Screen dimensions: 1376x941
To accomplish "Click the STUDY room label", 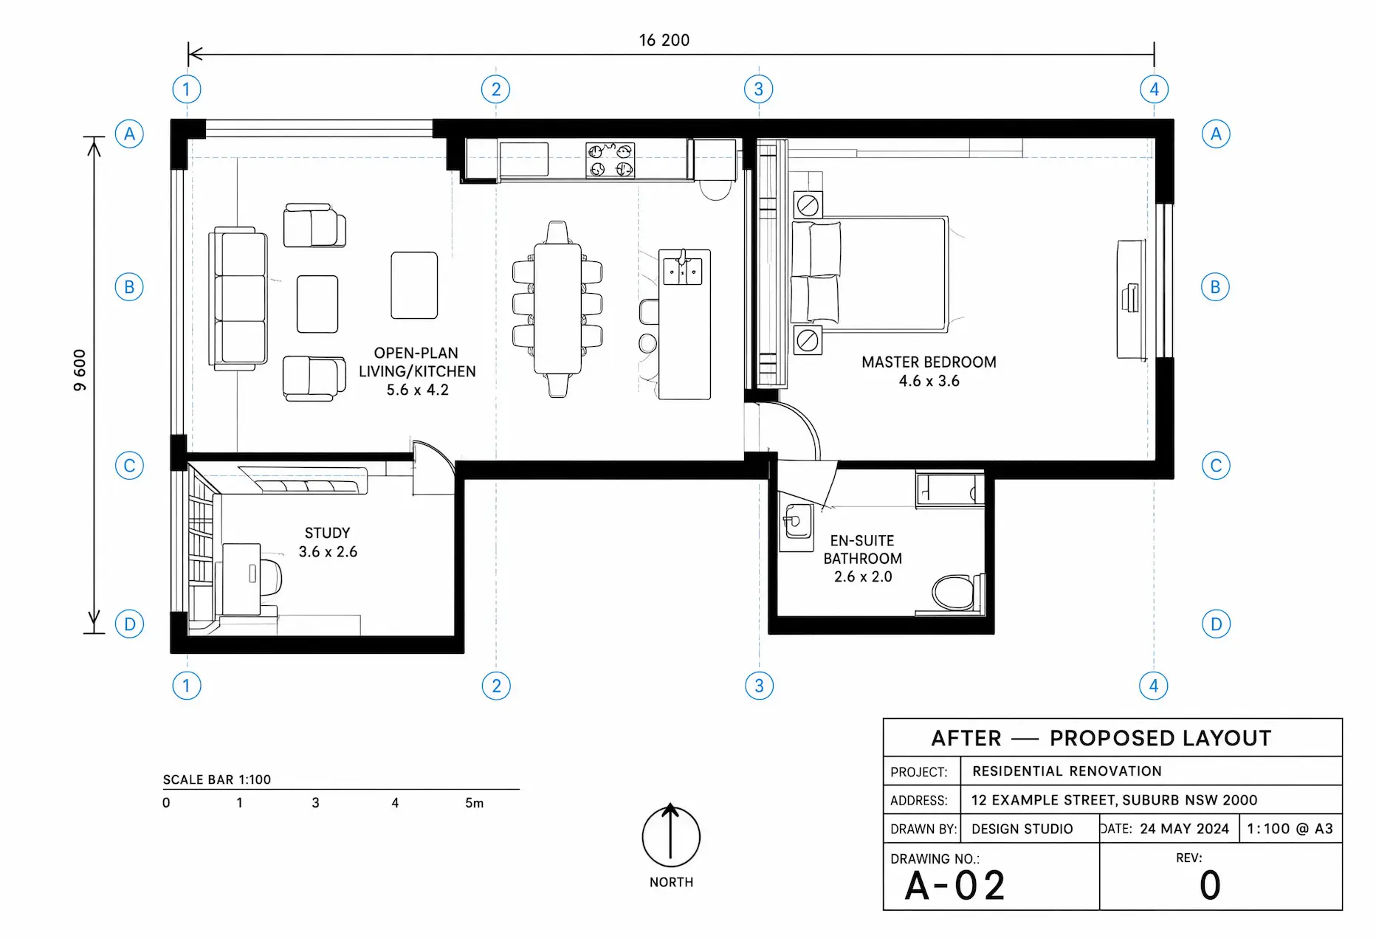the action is pyautogui.click(x=327, y=533).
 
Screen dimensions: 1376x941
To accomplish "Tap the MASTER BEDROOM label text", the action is pyautogui.click(x=929, y=362).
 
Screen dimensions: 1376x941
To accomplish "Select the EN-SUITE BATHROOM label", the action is pyautogui.click(x=862, y=550).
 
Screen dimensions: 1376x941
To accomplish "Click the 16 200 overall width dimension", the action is pyautogui.click(x=664, y=40).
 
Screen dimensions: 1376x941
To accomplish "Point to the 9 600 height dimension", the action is pyautogui.click(x=80, y=370).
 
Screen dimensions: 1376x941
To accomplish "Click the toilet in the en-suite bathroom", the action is pyautogui.click(x=957, y=593).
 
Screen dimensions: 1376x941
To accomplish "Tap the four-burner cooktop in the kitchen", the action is pyautogui.click(x=610, y=160).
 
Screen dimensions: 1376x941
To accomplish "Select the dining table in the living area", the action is pyautogui.click(x=557, y=309).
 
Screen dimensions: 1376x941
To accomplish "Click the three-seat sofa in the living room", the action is pyautogui.click(x=238, y=298).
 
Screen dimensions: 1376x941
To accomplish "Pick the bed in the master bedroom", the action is pyautogui.click(x=869, y=274).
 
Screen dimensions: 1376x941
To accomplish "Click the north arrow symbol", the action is pyautogui.click(x=670, y=835).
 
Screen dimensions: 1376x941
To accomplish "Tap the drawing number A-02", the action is pyautogui.click(x=955, y=886).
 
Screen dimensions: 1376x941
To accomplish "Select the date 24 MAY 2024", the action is pyautogui.click(x=1184, y=829).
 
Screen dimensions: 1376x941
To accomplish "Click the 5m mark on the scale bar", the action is pyautogui.click(x=475, y=803).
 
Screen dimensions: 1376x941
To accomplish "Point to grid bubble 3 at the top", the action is pyautogui.click(x=759, y=89).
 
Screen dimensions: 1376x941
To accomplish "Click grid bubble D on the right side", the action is pyautogui.click(x=1216, y=624).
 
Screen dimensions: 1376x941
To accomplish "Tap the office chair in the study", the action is pyautogui.click(x=270, y=577).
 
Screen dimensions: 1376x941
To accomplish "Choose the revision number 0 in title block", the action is pyautogui.click(x=1210, y=885).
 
